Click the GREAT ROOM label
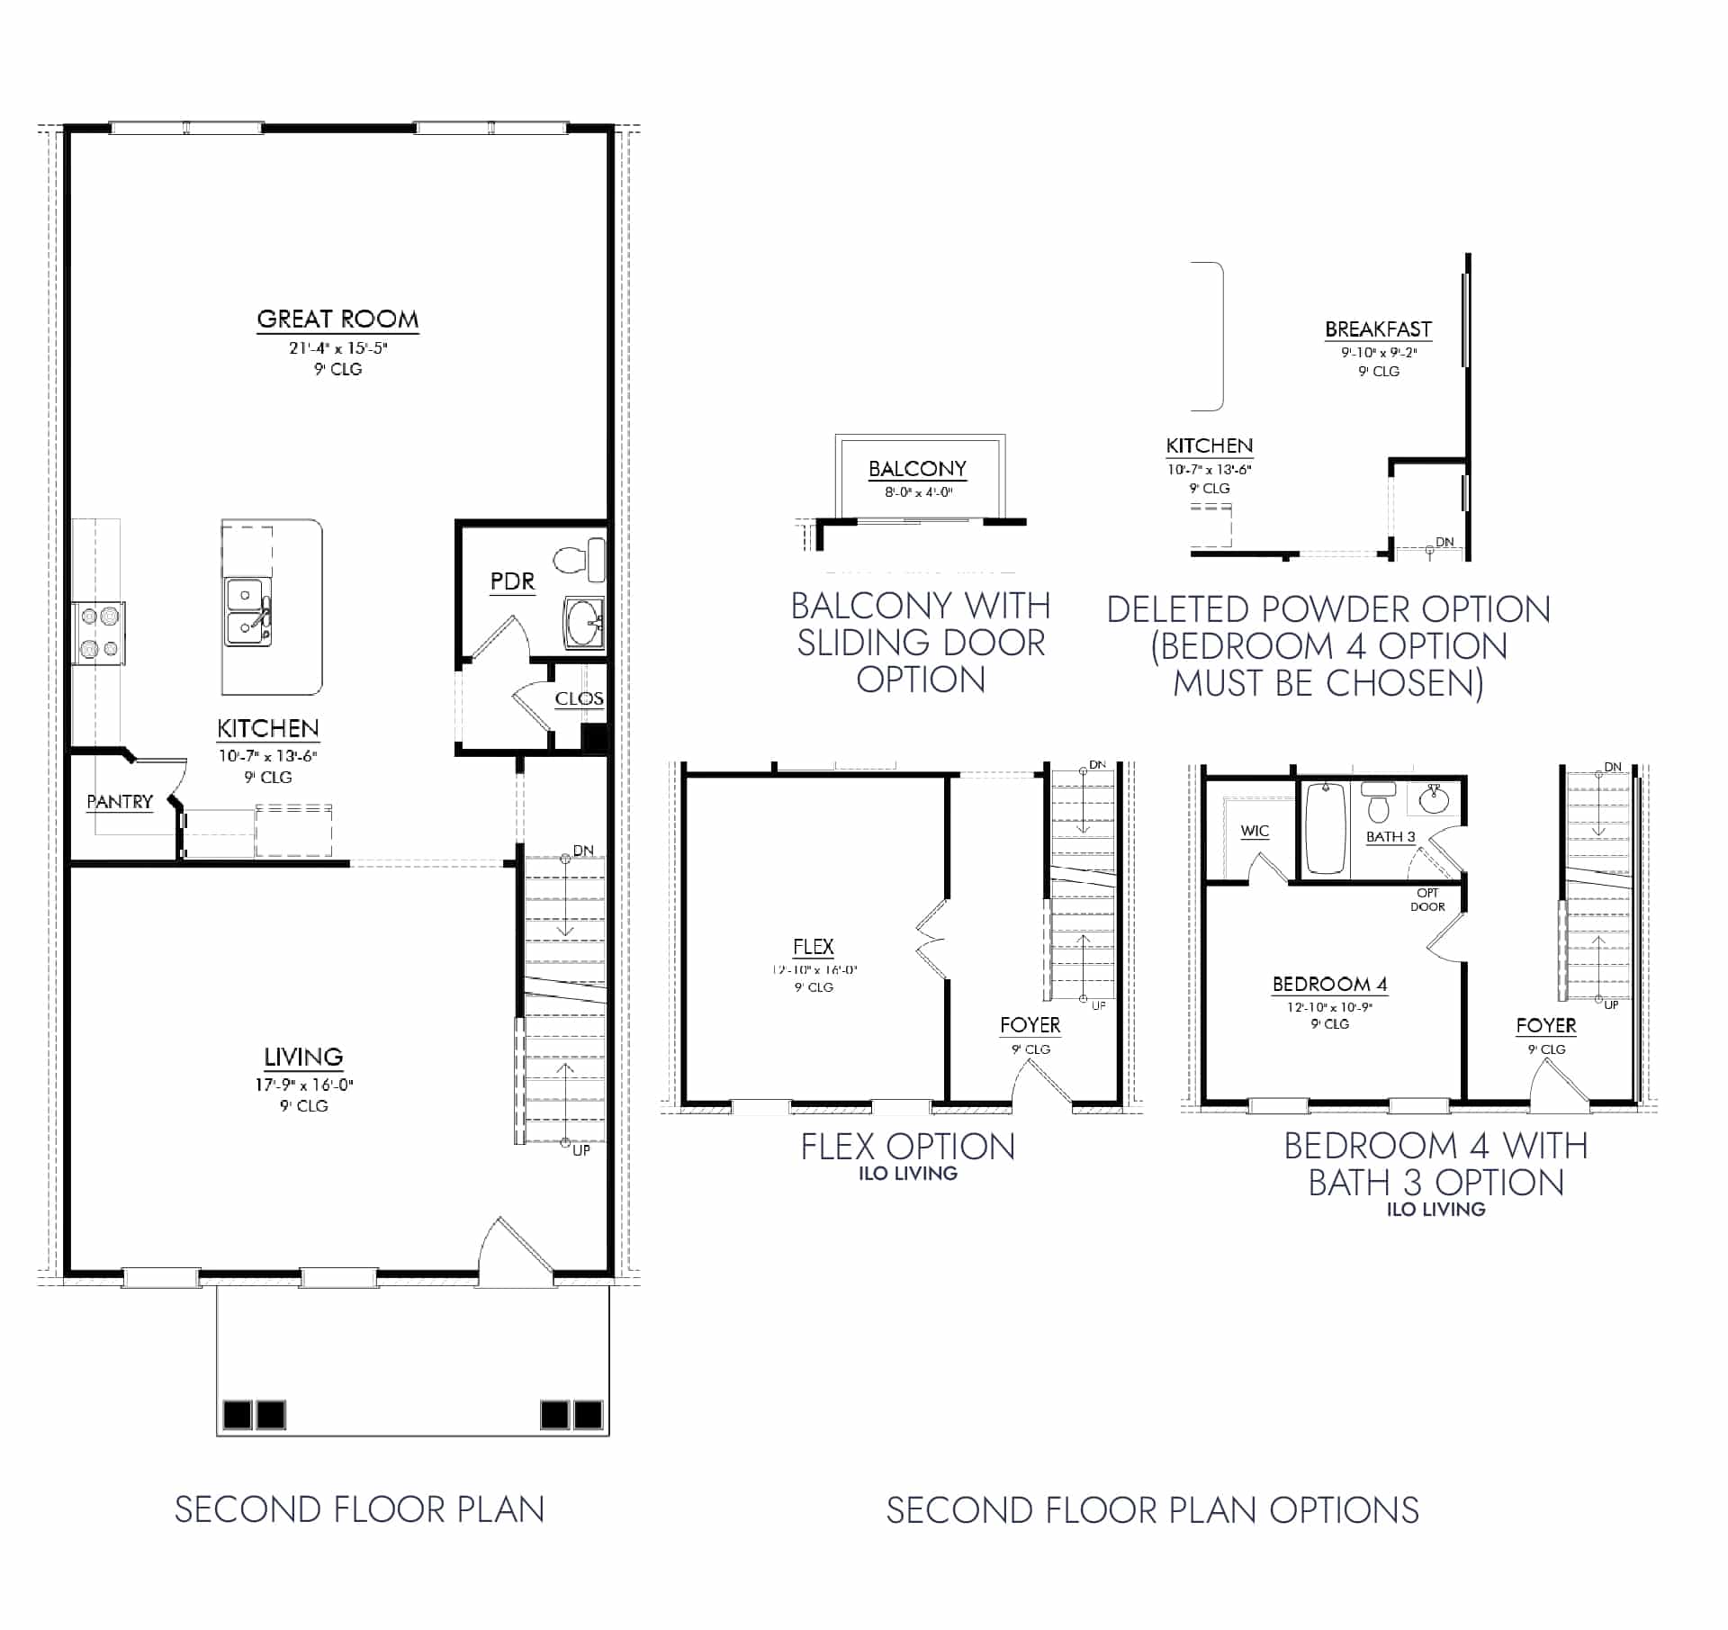click(x=337, y=320)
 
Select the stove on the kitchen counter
click(x=99, y=633)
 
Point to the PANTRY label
click(x=120, y=802)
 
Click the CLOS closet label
click(x=579, y=699)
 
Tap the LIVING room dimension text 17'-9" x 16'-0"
click(x=303, y=1085)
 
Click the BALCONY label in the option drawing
click(x=917, y=469)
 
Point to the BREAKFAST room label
click(x=1378, y=329)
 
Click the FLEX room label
click(x=813, y=947)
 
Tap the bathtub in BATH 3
click(x=1325, y=829)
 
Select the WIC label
click(x=1255, y=831)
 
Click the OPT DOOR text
click(x=1427, y=900)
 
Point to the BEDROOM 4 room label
click(x=1329, y=984)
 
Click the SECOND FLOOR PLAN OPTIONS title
click(x=1152, y=1510)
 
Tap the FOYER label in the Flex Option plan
click(x=1030, y=1025)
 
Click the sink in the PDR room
click(x=585, y=622)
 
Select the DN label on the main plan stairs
click(x=583, y=851)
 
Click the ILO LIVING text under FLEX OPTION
click(x=907, y=1174)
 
